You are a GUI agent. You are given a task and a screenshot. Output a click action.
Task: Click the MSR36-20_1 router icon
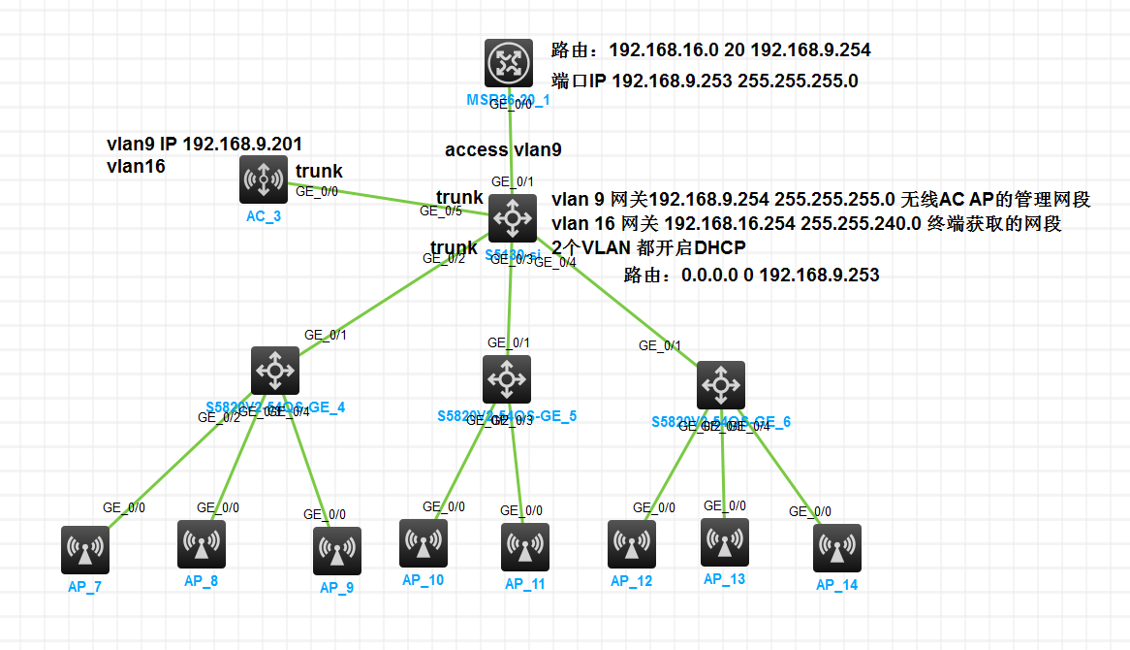point(510,63)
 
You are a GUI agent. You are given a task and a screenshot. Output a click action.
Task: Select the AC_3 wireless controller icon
point(264,179)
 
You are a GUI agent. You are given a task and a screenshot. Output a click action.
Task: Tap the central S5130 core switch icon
point(513,218)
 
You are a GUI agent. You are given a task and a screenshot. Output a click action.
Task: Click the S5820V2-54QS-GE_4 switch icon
point(275,370)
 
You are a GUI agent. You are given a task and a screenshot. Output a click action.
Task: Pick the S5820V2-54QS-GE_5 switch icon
point(507,378)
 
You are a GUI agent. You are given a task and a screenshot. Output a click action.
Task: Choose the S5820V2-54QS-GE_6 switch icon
point(721,385)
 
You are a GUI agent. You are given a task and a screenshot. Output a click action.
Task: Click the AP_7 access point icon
point(85,550)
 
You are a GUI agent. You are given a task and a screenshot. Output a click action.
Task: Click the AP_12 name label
point(631,581)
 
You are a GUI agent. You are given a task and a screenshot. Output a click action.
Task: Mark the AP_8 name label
point(201,581)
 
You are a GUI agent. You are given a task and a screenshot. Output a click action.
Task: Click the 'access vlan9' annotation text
point(503,150)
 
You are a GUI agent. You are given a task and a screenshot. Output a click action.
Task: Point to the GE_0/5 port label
point(441,211)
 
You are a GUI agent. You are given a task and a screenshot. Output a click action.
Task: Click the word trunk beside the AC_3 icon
point(319,172)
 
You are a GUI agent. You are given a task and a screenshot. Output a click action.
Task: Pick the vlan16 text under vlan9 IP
point(136,166)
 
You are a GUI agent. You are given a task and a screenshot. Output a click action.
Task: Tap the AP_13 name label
point(724,579)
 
